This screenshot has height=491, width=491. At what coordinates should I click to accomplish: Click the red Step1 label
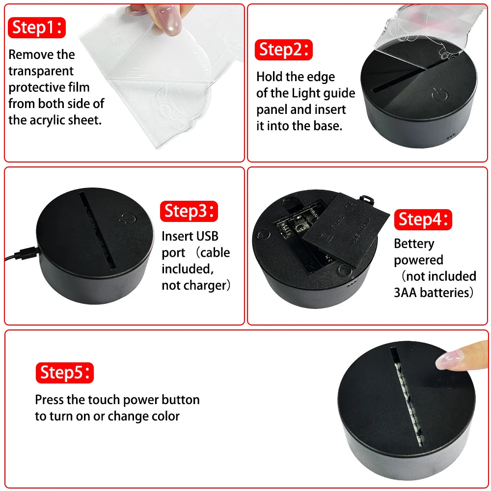pos(37,27)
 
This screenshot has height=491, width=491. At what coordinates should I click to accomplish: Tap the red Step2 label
pos(284,50)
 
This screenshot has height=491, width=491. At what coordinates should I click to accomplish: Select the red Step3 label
pos(189,211)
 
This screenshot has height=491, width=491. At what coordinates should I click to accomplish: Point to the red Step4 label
pos(423,219)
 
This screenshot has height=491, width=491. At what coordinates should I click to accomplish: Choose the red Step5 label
pos(64,373)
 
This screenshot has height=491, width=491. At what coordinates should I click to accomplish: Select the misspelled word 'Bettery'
pos(414,244)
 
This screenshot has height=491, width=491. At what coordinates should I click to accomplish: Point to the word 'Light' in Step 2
pos(305,93)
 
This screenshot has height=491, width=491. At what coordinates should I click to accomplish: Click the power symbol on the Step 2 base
pos(439,94)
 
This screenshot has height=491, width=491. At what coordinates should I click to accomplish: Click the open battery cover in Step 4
pos(346,229)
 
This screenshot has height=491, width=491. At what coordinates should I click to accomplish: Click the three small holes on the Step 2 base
pos(451,137)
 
